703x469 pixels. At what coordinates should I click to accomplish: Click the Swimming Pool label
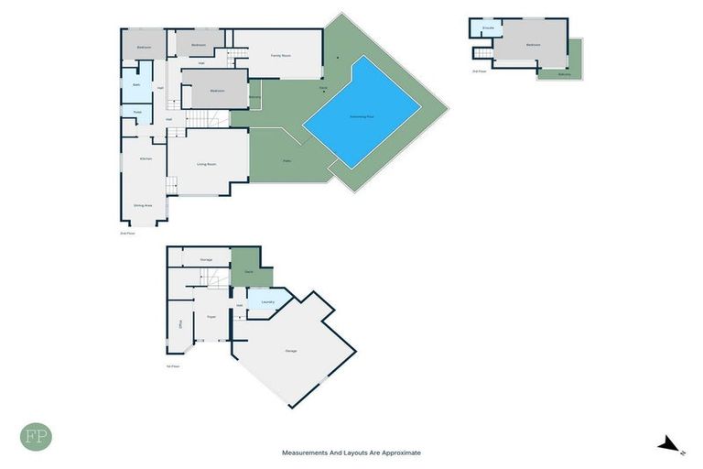coord(362,116)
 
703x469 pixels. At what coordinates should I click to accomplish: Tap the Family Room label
coord(280,56)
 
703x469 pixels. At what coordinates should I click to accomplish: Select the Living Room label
coord(206,164)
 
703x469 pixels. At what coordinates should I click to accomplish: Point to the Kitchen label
coord(145,158)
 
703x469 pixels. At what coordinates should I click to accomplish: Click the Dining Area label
coord(143,206)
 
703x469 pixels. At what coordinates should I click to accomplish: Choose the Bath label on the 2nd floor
coord(135,84)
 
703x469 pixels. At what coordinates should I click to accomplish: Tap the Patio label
coord(287,162)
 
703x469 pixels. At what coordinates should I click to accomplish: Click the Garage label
coord(291,351)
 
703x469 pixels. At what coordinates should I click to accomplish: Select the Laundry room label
coord(267,301)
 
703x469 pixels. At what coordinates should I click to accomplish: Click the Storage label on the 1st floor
coord(206,260)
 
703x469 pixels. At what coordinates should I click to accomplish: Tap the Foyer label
coord(211,316)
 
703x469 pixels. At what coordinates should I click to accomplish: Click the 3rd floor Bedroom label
coord(532,44)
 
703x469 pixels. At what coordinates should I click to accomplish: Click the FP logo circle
coord(36,437)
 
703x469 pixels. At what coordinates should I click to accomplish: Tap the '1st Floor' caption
coord(173,365)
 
